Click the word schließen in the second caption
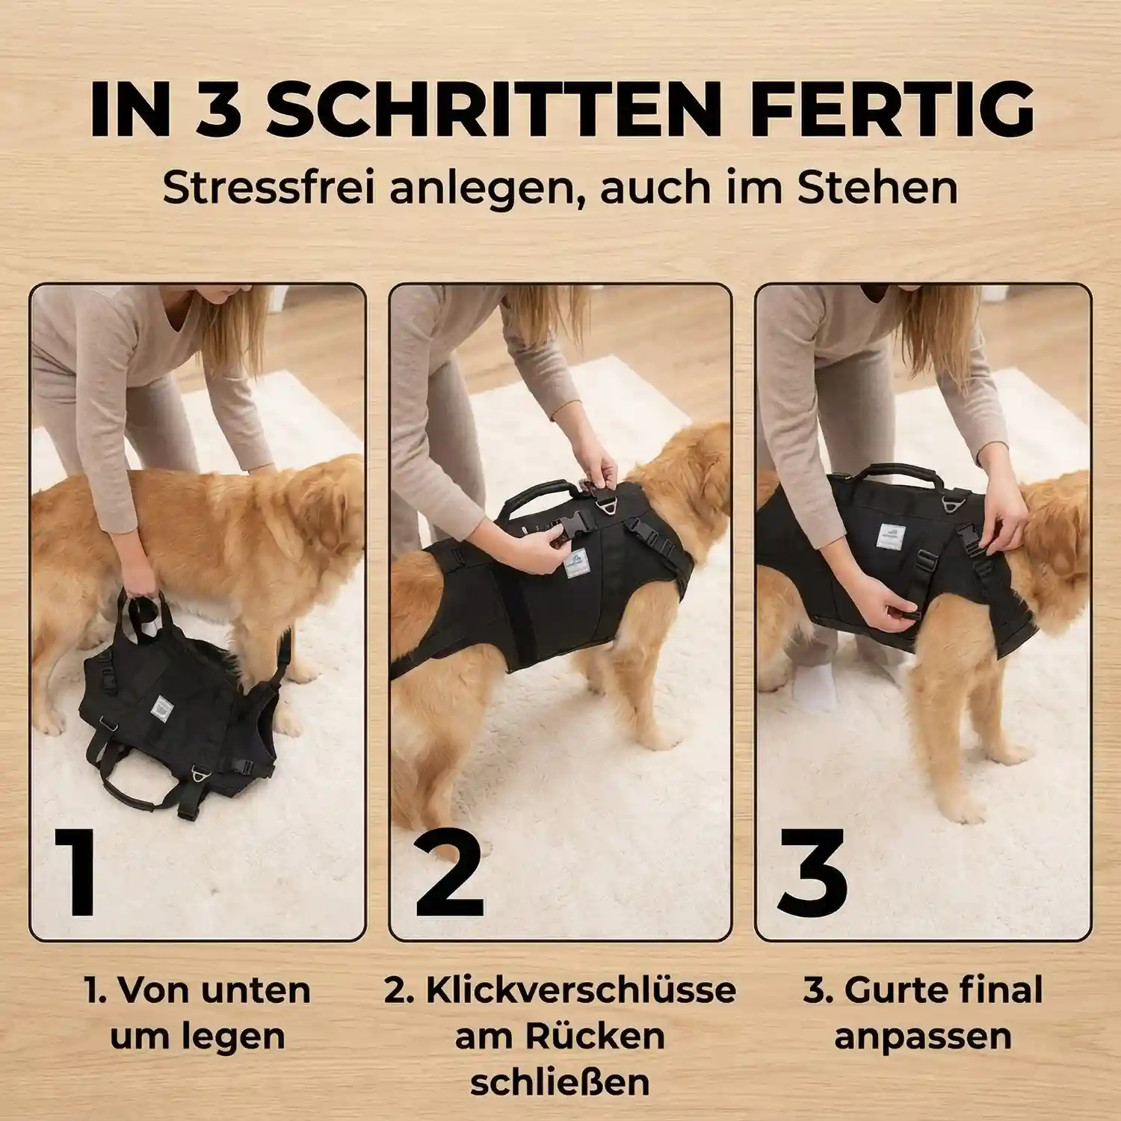pos(560,1083)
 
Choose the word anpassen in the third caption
pos(923,1037)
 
